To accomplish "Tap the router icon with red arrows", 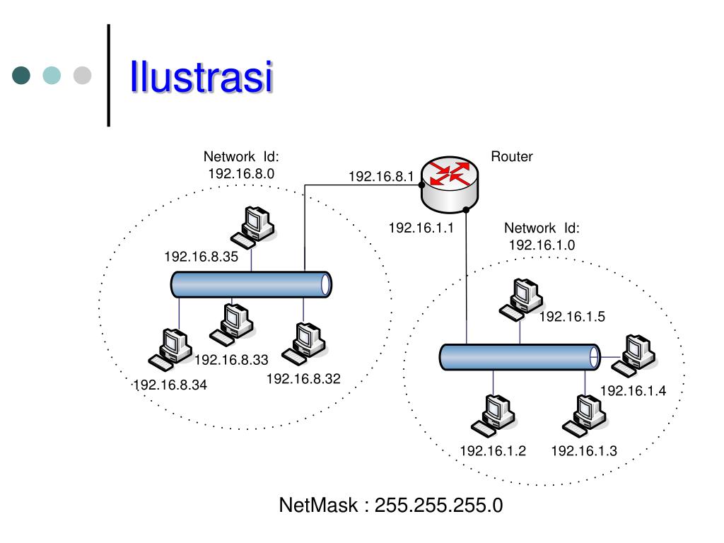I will tap(449, 185).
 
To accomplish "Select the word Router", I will tap(512, 157).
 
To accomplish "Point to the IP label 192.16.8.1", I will tap(380, 177).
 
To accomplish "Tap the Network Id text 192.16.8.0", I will tap(241, 172).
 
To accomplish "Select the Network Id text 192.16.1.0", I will tap(542, 245).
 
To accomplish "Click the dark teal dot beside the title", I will tap(23, 76).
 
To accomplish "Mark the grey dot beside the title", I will tap(83, 76).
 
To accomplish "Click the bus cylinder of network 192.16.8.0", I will tap(252, 284).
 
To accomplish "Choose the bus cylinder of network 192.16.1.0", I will tap(520, 357).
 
